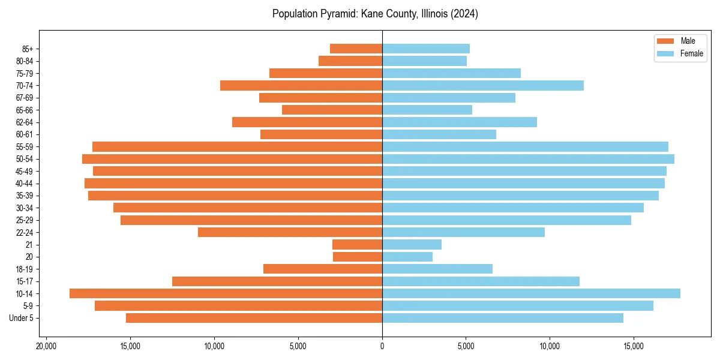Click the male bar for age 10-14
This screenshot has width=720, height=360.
point(226,293)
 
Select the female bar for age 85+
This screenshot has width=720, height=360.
point(426,49)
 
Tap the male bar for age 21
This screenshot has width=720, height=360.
point(357,245)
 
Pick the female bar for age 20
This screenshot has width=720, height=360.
point(407,257)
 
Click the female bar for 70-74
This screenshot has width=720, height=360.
point(483,85)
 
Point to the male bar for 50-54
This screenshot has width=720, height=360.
point(232,159)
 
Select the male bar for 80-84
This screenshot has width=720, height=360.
point(350,61)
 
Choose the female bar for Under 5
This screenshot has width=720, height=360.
point(503,318)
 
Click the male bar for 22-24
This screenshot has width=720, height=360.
point(290,232)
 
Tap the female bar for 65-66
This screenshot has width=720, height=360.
point(427,110)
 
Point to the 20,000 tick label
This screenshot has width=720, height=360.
point(46,346)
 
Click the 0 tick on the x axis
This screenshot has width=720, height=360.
point(382,346)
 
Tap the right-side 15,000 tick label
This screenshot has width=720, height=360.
point(634,346)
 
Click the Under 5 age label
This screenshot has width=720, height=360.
point(21,318)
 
